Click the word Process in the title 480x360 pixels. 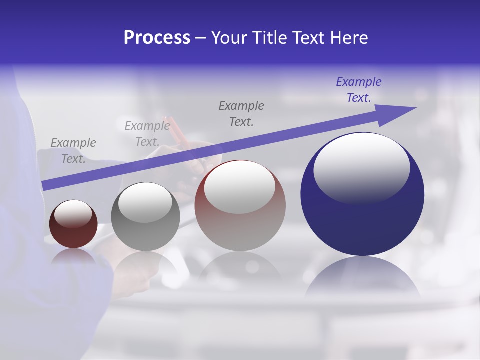[157, 38]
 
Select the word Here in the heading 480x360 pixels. [349, 38]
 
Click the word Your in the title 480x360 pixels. [230, 38]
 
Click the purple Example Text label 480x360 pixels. [359, 90]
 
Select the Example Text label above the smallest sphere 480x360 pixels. [73, 151]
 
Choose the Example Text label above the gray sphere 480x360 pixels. [147, 134]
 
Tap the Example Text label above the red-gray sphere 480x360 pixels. [241, 113]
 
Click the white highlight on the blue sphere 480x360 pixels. [362, 167]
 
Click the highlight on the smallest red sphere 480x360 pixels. [73, 213]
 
